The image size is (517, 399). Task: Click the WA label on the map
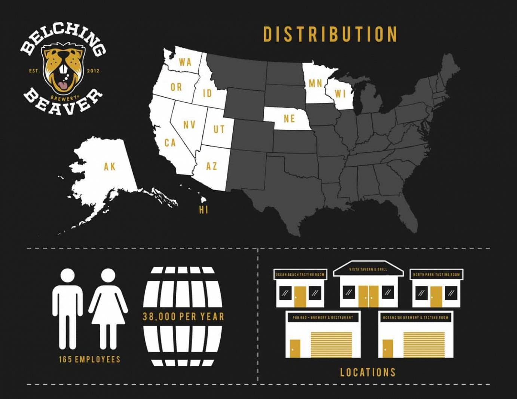[x=185, y=62]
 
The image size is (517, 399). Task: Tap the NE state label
[x=289, y=119]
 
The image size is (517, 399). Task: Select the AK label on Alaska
[x=110, y=167]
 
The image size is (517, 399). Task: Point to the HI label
[x=204, y=210]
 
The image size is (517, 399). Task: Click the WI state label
[x=340, y=94]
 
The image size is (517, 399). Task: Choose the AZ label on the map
[x=211, y=166]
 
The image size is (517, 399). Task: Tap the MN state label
[x=315, y=83]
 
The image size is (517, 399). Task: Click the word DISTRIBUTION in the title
[x=330, y=34]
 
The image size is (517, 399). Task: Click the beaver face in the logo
[x=63, y=69]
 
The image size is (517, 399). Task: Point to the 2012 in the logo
[x=93, y=71]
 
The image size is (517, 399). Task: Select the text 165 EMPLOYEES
[x=89, y=359]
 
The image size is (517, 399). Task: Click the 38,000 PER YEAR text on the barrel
[x=183, y=317]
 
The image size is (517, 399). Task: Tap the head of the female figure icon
[x=108, y=276]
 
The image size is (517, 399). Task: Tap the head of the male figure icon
[x=68, y=276]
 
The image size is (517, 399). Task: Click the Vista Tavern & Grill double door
[x=368, y=296]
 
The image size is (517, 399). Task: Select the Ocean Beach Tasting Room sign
[x=300, y=275]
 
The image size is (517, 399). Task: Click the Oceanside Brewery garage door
[x=424, y=344]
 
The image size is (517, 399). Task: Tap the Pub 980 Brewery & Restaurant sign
[x=323, y=318]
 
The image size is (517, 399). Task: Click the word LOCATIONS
[x=368, y=372]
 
